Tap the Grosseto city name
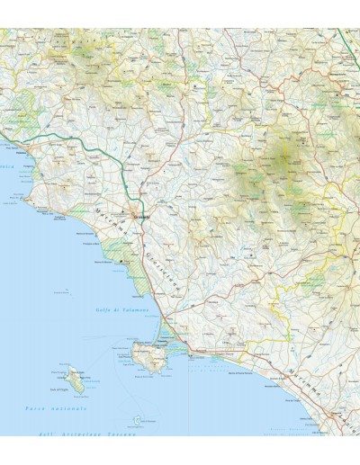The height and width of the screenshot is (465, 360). click(140, 217)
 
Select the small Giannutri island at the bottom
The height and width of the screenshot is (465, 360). click(136, 420)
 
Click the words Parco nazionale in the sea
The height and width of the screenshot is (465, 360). click(50, 411)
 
